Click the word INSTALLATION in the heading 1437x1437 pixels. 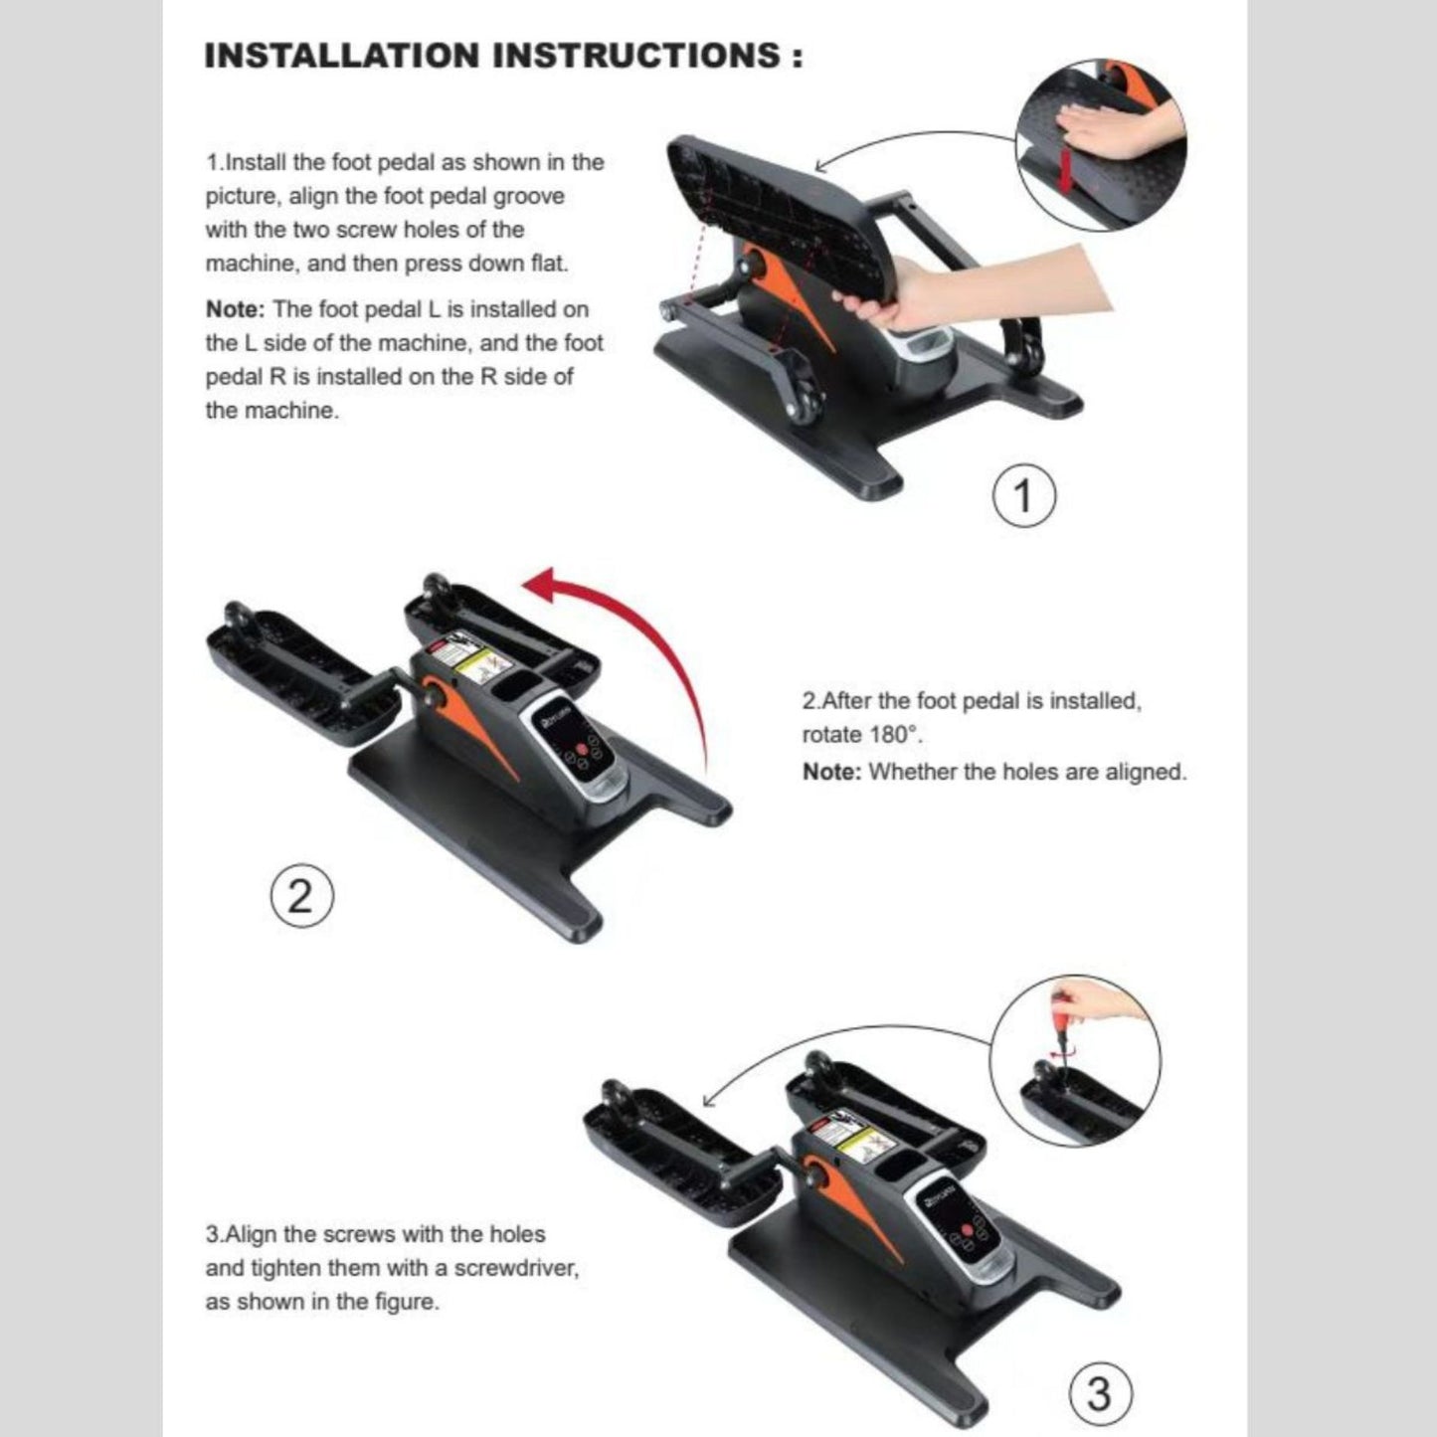click(342, 56)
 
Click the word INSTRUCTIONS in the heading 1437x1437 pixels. click(637, 56)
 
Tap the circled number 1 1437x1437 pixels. click(1024, 496)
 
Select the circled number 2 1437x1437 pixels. click(301, 896)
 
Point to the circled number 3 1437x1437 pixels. click(1101, 1393)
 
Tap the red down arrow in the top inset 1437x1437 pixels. click(1066, 168)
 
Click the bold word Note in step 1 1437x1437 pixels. click(235, 308)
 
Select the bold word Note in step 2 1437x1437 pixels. click(831, 771)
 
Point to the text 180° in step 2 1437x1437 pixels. click(896, 735)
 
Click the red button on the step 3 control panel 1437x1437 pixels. click(968, 1230)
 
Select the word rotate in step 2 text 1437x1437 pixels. click(831, 735)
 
